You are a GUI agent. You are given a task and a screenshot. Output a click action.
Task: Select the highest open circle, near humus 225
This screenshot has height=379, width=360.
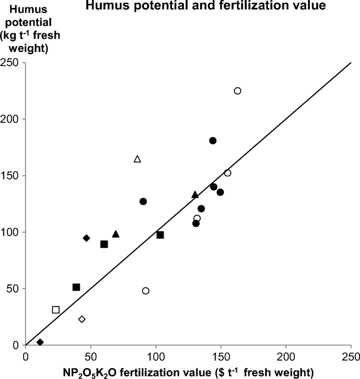238,91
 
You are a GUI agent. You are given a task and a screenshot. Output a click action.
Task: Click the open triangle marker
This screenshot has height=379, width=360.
138,159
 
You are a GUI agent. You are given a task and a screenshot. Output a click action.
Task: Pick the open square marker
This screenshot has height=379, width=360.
56,310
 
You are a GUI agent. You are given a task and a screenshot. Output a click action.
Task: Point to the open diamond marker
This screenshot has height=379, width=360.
81,319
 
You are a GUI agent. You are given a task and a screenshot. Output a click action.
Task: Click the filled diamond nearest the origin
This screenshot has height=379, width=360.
40,342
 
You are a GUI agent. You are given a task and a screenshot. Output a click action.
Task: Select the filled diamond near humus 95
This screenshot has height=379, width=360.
87,238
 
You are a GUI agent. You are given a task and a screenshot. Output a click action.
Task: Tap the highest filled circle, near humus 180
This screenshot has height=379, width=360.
213,141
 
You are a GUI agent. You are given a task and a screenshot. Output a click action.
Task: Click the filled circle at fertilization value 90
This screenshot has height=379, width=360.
143,202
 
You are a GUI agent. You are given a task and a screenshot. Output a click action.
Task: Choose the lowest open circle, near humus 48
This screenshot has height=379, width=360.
146,291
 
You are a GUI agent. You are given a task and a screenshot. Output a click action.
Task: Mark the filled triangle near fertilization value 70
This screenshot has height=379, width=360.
116,234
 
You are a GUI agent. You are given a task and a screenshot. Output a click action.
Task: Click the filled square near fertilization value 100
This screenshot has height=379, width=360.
160,235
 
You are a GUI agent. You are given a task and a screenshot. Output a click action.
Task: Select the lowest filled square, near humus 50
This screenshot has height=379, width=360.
76,287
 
